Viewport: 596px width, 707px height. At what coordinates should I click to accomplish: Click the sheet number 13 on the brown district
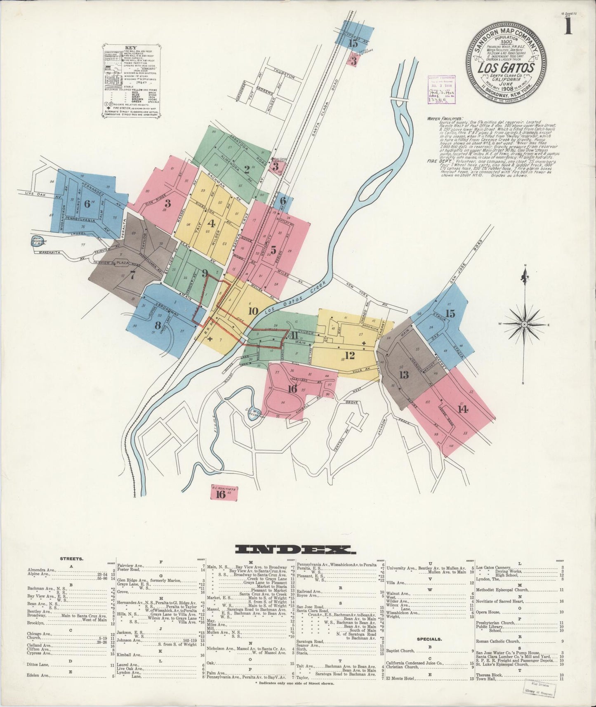click(x=403, y=375)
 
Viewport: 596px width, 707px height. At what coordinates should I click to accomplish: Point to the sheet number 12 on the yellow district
click(x=350, y=355)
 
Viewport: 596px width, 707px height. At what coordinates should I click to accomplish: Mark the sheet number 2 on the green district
click(x=246, y=169)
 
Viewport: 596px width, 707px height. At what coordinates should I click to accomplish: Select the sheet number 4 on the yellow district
click(x=212, y=224)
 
